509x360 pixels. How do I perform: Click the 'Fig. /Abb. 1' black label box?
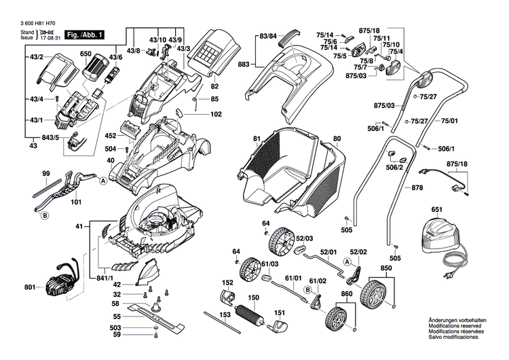[84, 34]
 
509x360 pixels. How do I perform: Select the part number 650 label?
[86, 53]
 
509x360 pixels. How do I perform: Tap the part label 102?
[216, 115]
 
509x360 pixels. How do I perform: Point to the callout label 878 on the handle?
[418, 187]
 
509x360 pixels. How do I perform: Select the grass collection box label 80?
[337, 140]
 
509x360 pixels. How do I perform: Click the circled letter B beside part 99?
[44, 216]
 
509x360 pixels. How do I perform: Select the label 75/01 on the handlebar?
[450, 120]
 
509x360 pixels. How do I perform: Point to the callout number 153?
[225, 334]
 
